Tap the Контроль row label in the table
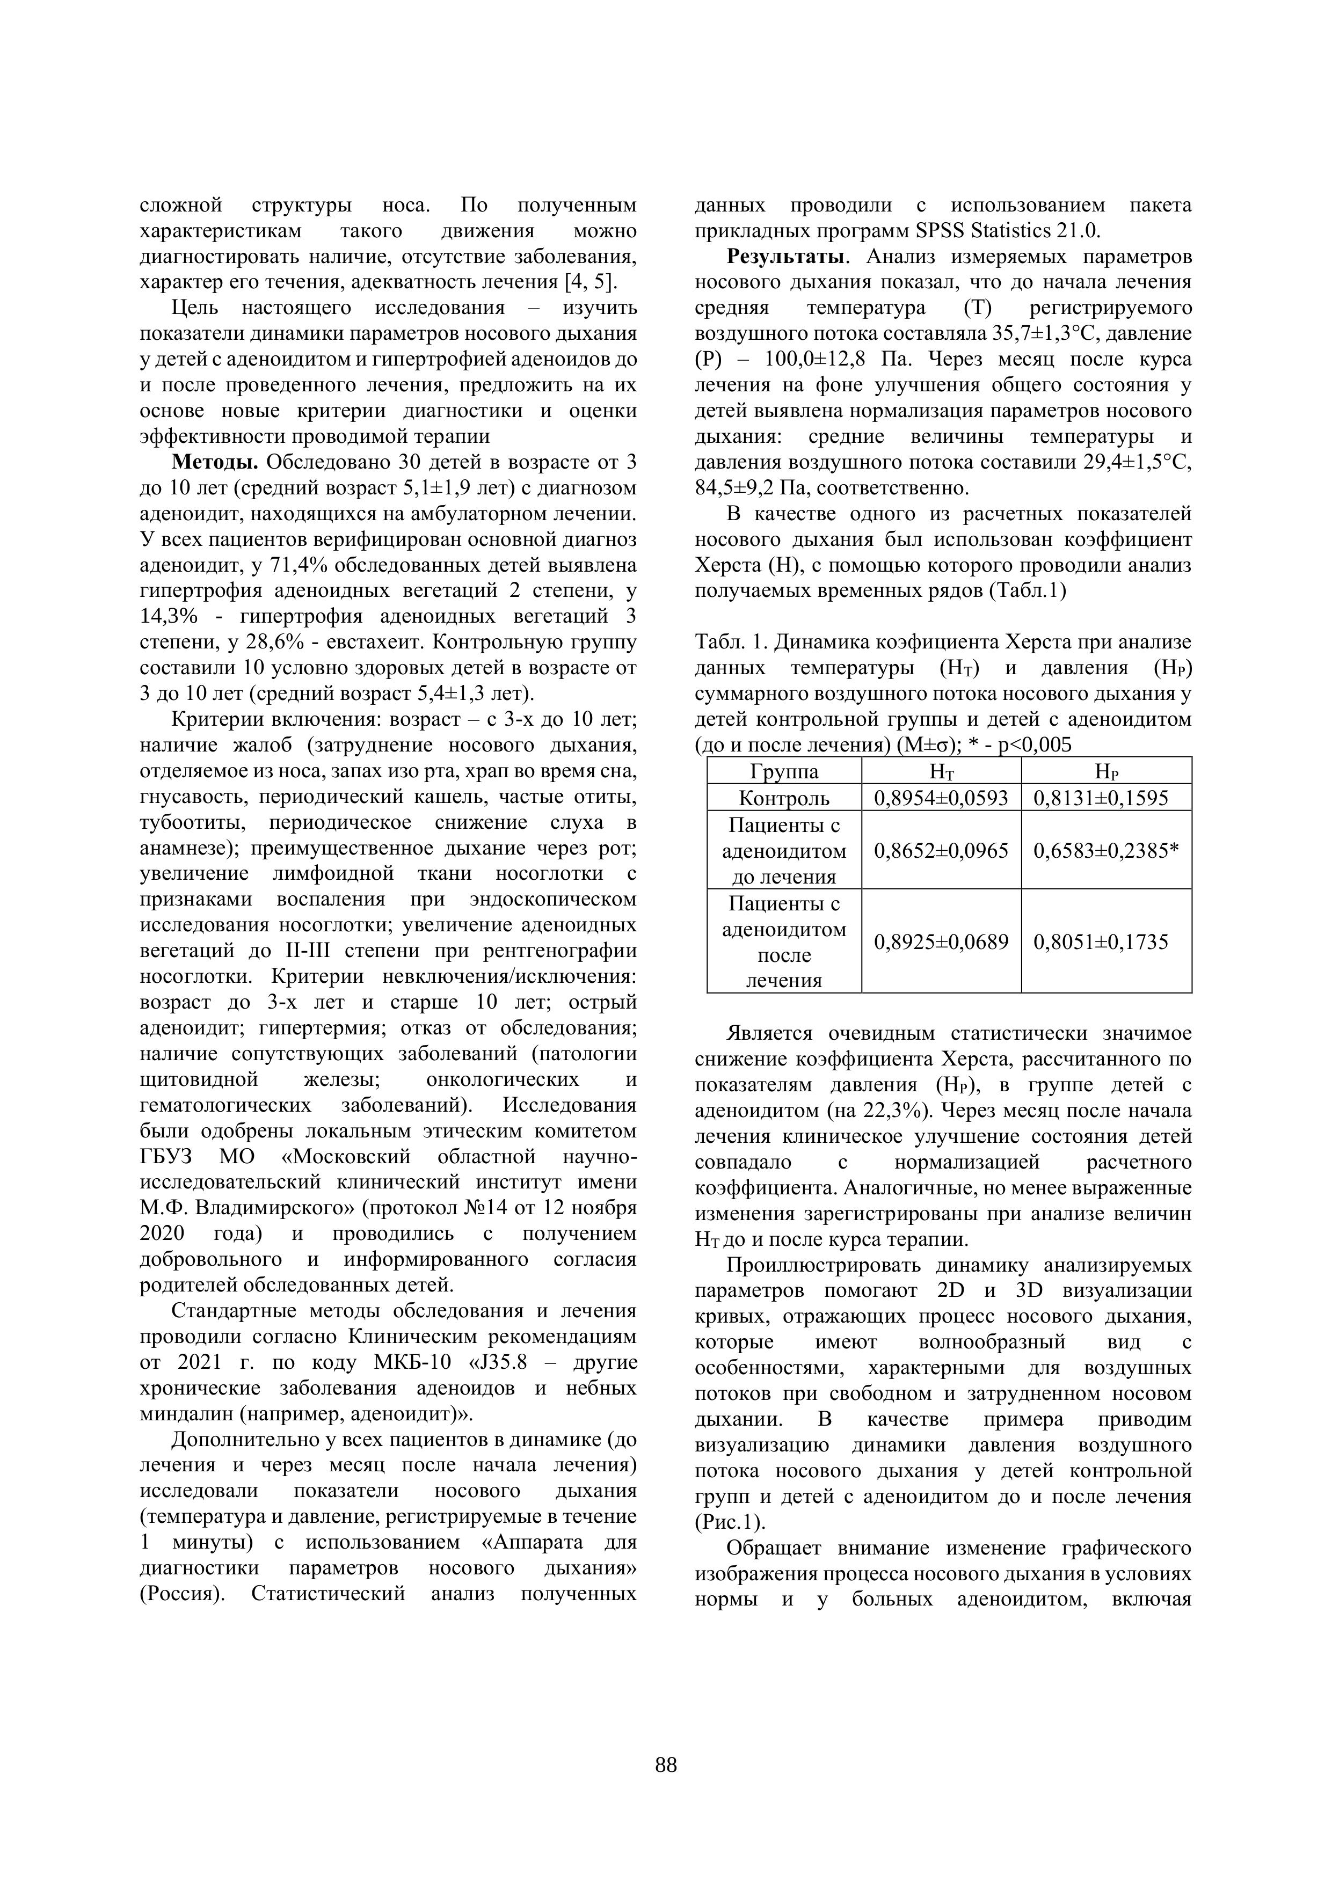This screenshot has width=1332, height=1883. (784, 798)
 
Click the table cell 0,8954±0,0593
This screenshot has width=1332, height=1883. (941, 798)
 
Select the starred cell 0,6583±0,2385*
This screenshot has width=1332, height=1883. (1105, 850)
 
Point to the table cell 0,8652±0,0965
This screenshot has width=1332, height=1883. (941, 850)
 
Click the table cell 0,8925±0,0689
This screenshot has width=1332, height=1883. (941, 941)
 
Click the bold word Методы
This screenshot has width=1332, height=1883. (216, 463)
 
